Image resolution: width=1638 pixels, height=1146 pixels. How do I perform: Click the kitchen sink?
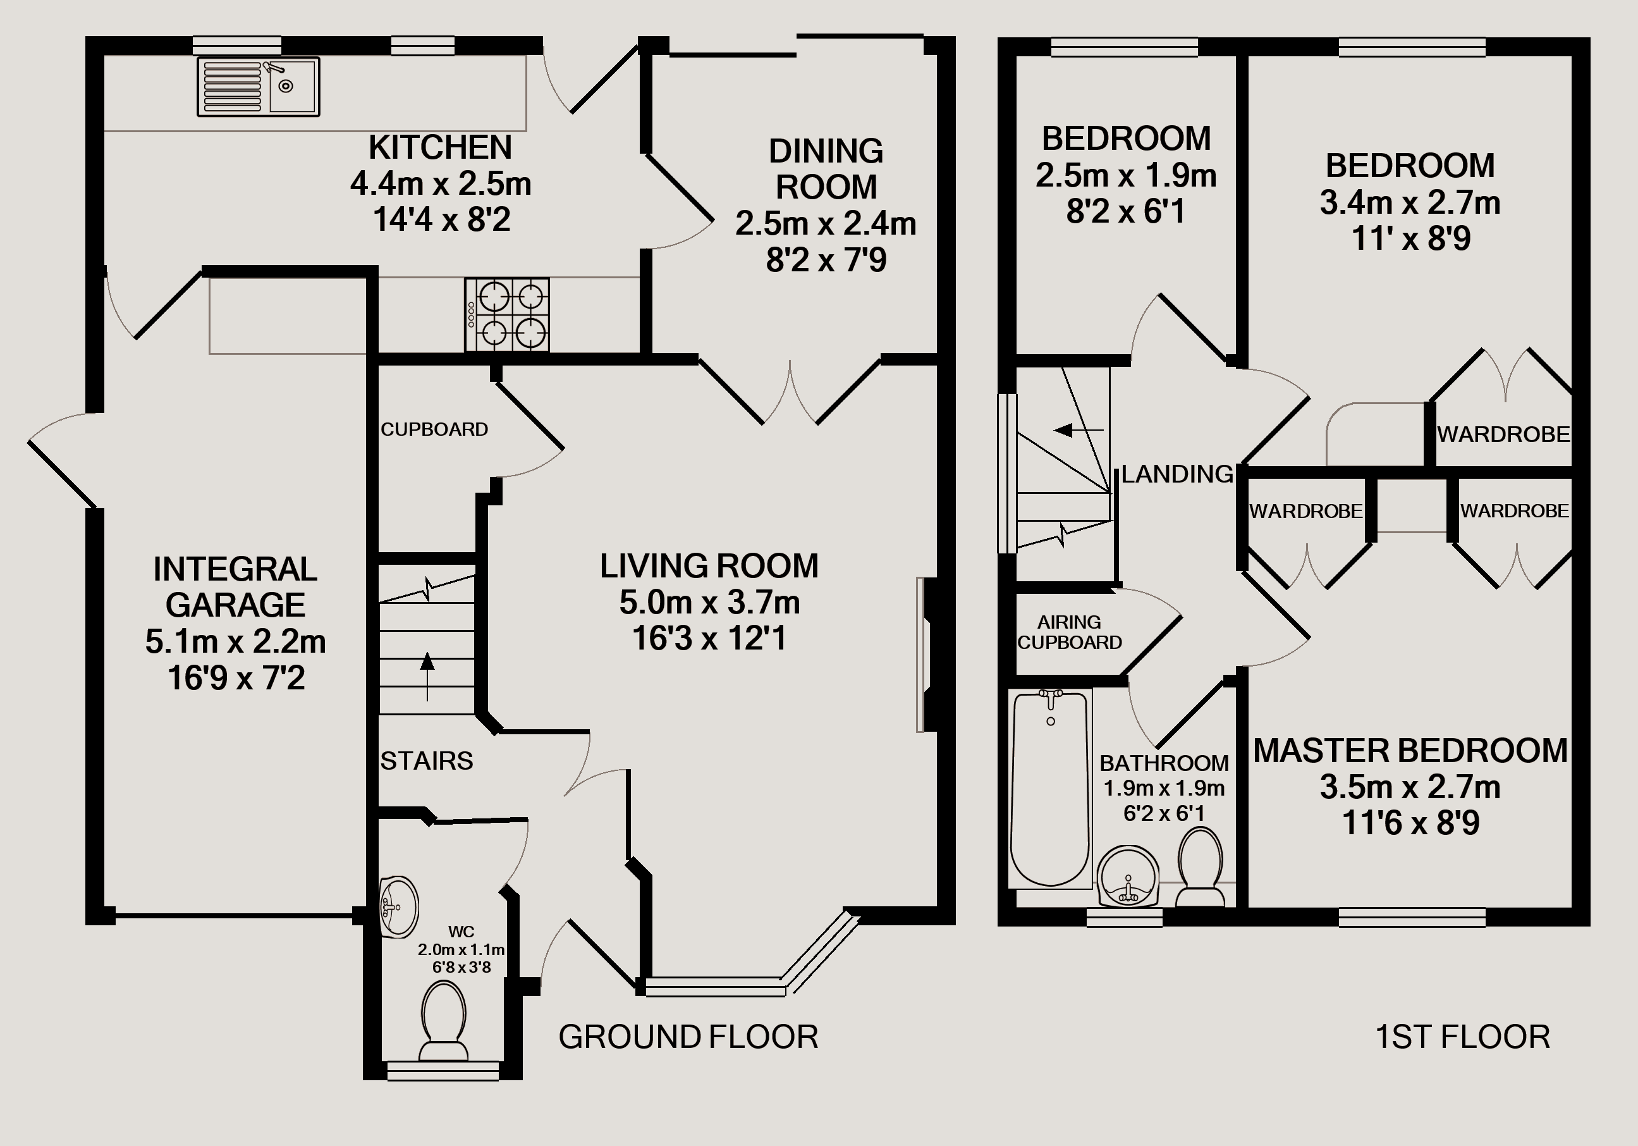[259, 87]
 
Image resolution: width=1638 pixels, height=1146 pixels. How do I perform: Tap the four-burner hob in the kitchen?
[507, 315]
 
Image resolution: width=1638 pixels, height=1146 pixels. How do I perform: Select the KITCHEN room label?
[440, 148]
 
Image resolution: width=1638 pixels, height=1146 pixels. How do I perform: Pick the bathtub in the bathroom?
[1050, 788]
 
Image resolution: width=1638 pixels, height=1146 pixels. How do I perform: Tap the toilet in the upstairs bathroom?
[1201, 866]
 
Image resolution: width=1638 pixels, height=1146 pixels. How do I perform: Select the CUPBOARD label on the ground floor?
[434, 429]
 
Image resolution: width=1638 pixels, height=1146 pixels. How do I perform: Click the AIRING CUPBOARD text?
[1070, 632]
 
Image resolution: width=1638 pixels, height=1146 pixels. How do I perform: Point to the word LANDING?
[1177, 474]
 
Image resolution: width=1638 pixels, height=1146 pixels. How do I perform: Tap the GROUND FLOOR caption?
[688, 1037]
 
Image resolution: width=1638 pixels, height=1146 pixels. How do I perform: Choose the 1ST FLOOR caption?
[1462, 1037]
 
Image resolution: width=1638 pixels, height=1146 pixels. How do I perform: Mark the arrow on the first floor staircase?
[1079, 430]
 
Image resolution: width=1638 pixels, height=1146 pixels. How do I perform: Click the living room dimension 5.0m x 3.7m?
[709, 603]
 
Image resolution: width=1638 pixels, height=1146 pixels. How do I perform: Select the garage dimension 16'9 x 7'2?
[236, 678]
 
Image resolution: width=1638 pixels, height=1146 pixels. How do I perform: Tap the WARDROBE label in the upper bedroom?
[1503, 434]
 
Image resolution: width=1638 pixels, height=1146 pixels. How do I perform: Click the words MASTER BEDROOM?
[1410, 751]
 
